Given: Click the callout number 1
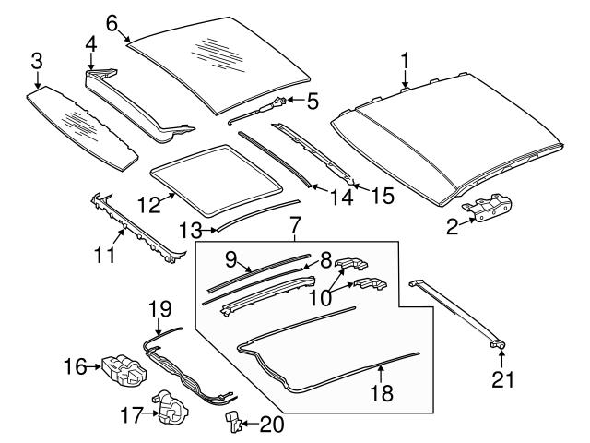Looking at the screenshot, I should tap(404, 61).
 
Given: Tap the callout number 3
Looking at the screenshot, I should tap(36, 61).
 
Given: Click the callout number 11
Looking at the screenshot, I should tap(106, 252).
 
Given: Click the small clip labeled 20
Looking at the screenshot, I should tap(234, 424).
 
